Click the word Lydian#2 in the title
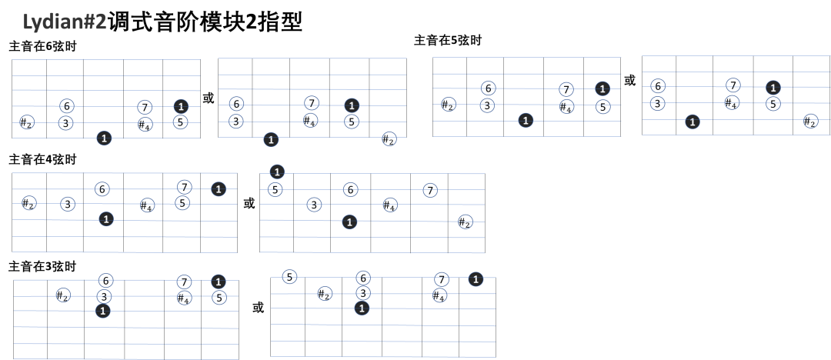pos(65,23)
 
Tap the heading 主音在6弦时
pos(42,47)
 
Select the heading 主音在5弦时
pos(448,40)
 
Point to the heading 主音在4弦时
pos(42,159)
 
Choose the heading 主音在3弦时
pos(42,267)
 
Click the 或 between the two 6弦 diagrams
pos(209,98)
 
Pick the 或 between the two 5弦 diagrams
pos(629,81)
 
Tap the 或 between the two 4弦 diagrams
pos(249,203)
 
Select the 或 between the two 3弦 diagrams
pos(258,308)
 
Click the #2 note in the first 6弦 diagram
pos(26,122)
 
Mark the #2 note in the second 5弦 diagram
pos(809,122)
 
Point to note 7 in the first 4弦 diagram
pos(184,187)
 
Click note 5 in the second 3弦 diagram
pos(289,277)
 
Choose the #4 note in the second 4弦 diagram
pos(389,205)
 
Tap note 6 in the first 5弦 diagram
pos(488,88)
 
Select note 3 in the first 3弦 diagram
pos(105,296)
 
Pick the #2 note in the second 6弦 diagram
pos(389,139)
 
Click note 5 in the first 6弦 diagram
pos(181,122)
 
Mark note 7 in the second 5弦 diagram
pos(733,85)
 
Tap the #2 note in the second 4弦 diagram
pos(465,222)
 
